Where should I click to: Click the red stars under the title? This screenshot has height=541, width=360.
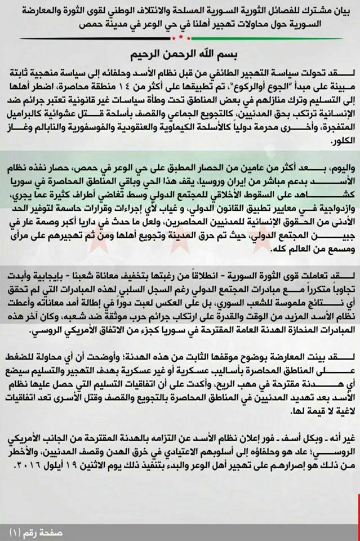(x=180, y=37)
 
